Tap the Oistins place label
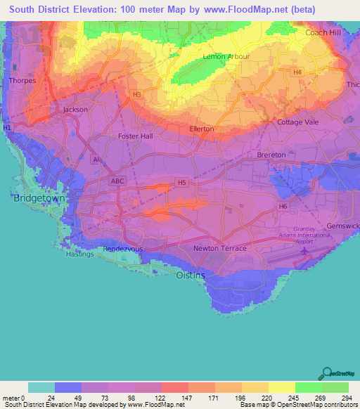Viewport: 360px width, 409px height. tap(190, 275)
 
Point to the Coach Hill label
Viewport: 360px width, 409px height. tap(323, 32)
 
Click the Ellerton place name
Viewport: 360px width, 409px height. tap(202, 129)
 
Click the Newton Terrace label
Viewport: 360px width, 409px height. tap(220, 249)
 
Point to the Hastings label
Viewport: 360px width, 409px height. tap(79, 254)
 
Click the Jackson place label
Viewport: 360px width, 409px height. tap(75, 110)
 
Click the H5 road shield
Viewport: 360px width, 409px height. tap(182, 183)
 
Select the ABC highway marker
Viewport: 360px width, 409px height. tap(117, 181)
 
